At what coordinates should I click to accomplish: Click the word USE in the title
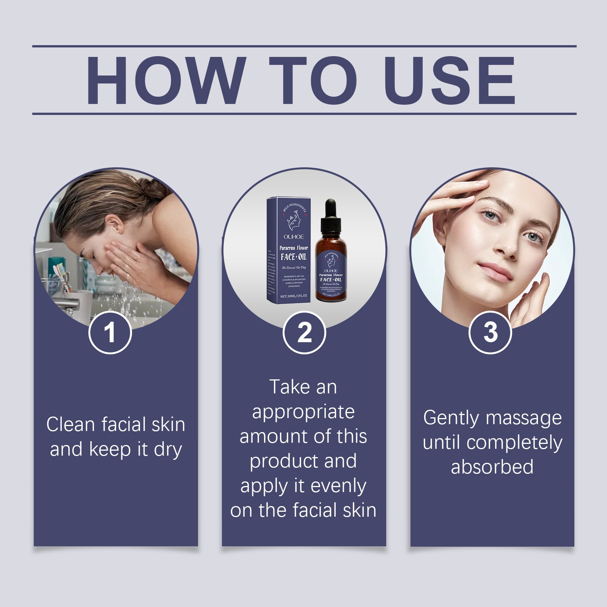point(451,80)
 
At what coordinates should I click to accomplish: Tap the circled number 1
point(110,332)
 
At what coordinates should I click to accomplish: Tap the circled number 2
point(304,332)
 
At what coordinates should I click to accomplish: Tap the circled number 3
point(490,332)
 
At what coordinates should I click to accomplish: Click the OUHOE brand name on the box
point(294,237)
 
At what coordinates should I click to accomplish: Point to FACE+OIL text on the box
point(294,257)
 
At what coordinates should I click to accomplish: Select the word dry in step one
point(168,450)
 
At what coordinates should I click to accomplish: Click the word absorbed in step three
point(492,467)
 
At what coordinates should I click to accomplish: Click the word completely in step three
point(514,443)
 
